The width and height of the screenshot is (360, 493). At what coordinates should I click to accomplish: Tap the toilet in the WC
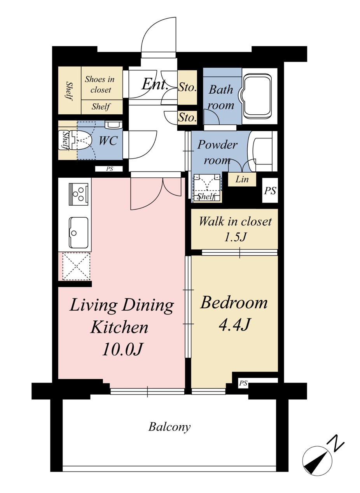pos(75,140)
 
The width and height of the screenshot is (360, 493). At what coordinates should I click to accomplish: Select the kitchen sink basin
pos(79,233)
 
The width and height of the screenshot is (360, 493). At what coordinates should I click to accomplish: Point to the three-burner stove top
pos(79,194)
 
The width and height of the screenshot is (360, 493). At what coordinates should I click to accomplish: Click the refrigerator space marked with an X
pos(76,266)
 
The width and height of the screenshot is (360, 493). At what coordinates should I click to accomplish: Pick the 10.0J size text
pos(122,350)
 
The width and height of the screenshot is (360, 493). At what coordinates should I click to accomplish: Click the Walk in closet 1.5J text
pos(235,229)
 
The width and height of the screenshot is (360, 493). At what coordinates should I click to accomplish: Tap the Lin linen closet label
pos(242,179)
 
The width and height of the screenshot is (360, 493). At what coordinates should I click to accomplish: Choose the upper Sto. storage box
pos(187,87)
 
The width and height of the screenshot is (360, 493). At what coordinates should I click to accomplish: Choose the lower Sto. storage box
pos(187,117)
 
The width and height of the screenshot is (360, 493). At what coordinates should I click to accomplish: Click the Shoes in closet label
pos(100,84)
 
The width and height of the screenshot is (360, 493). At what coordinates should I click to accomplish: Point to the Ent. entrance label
pos(155,84)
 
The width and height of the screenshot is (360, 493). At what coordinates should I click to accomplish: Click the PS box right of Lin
pos(270,191)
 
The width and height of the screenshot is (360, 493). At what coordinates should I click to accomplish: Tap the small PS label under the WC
pos(109,169)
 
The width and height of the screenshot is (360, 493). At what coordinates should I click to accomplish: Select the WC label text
pos(108,140)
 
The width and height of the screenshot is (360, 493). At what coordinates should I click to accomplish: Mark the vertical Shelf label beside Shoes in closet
pos(70,91)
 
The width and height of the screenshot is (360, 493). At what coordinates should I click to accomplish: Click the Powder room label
pos(217,152)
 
